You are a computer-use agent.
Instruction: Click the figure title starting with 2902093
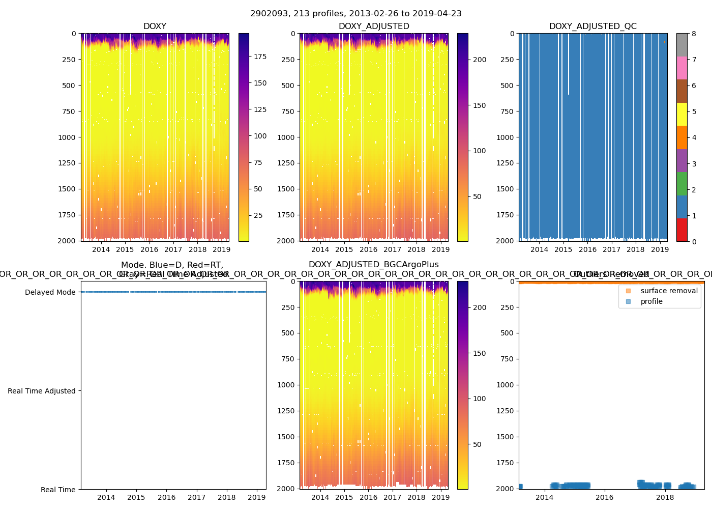(x=356, y=14)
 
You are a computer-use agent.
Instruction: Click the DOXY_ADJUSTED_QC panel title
(x=593, y=26)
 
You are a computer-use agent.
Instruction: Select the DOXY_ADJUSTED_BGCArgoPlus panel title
(x=374, y=265)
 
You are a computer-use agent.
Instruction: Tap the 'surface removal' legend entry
(x=669, y=291)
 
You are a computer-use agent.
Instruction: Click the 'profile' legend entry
(x=651, y=301)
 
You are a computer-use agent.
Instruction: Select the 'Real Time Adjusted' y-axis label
(x=42, y=391)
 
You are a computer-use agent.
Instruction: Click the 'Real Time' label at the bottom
(x=58, y=490)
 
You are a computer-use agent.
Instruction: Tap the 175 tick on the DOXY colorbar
(x=260, y=56)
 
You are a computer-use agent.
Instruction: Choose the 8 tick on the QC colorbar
(x=694, y=34)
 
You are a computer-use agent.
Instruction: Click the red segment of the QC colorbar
(x=682, y=230)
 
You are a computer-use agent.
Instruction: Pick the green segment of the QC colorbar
(x=682, y=184)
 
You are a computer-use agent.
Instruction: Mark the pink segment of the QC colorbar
(x=682, y=68)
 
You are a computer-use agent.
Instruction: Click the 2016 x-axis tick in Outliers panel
(x=605, y=497)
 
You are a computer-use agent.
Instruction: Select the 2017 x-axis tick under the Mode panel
(x=197, y=497)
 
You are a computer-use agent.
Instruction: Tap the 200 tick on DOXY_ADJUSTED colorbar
(x=480, y=60)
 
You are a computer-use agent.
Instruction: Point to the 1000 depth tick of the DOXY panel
(x=66, y=137)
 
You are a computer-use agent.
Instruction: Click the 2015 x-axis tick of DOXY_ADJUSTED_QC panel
(x=563, y=249)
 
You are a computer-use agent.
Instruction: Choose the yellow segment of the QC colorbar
(x=682, y=115)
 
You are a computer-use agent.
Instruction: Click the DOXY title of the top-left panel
(x=155, y=26)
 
